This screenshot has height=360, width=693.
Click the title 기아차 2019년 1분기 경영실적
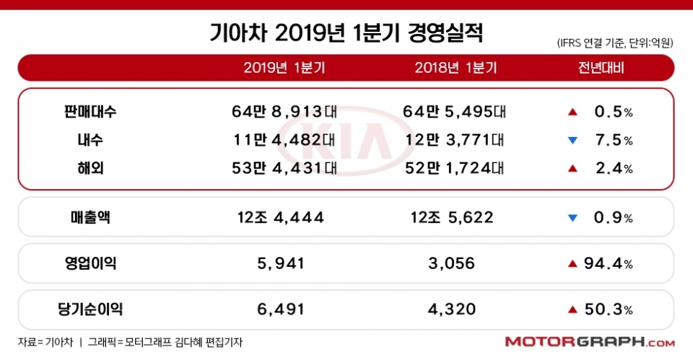tap(346, 32)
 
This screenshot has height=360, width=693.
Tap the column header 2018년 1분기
tap(456, 69)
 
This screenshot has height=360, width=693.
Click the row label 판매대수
tap(90, 112)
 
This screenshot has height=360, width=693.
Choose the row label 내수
tap(90, 140)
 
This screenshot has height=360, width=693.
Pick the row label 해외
tap(90, 168)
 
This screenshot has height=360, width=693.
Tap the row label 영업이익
tap(90, 263)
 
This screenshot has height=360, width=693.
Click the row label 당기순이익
tap(90, 309)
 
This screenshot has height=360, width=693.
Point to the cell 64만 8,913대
tap(284, 112)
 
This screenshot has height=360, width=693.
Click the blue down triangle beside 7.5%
tap(572, 141)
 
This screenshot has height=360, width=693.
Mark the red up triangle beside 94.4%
tap(572, 264)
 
